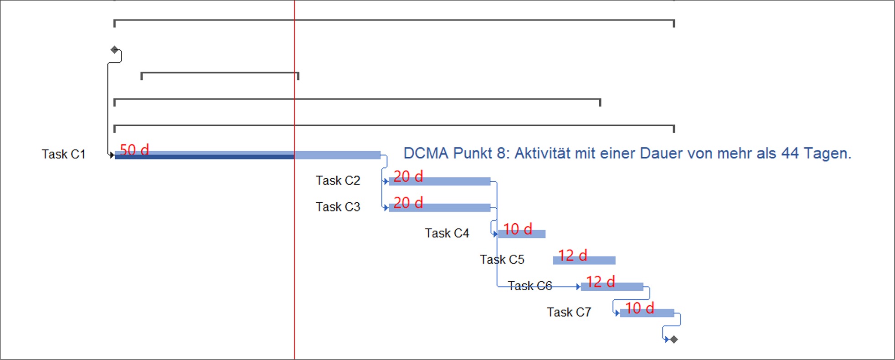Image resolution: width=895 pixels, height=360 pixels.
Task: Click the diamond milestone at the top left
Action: pos(114,50)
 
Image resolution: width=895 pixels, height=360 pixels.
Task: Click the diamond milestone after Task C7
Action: pos(674,339)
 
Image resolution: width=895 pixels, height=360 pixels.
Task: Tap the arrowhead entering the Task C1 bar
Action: pos(112,155)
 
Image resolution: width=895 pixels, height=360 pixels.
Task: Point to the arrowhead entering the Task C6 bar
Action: pos(578,287)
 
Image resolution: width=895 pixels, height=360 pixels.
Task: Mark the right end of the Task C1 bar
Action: pos(381,155)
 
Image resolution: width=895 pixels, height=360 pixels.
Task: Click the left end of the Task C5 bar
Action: pos(554,260)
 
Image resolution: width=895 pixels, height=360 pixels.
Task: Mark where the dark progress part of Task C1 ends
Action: pos(294,157)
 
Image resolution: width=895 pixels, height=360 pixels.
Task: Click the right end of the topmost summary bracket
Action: pos(674,23)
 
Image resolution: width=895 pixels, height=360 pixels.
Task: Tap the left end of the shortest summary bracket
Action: pos(142,76)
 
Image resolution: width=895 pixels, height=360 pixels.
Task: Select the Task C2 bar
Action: pos(440,181)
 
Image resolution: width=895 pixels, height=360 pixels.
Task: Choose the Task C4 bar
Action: pos(522,234)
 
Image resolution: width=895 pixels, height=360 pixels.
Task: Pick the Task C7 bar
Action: pos(647,313)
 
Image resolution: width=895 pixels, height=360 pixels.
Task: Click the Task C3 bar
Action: pos(440,208)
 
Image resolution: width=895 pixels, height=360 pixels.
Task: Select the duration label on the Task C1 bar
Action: pos(134,149)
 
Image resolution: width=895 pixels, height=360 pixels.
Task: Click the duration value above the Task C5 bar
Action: pos(573,255)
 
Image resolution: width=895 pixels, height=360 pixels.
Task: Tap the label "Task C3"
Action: pos(338,207)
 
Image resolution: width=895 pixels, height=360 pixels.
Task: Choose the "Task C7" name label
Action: pos(569,312)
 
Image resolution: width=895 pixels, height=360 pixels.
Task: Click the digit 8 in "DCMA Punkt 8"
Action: pos(501,153)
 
